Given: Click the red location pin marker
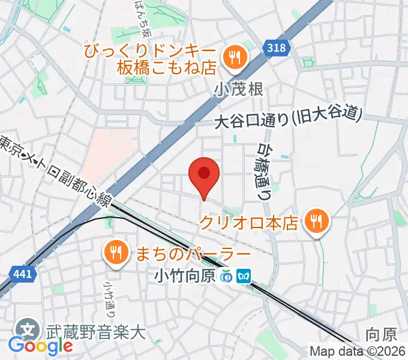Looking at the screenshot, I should tap(203, 175).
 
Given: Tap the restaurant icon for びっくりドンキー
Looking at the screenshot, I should tap(232, 58).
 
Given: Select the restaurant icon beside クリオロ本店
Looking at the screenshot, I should tap(314, 223).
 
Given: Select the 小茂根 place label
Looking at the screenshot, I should tap(238, 89).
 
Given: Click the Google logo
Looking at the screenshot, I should tap(40, 346).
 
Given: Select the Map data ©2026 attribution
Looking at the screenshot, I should tap(358, 352).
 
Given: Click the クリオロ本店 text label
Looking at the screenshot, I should tap(248, 223).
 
